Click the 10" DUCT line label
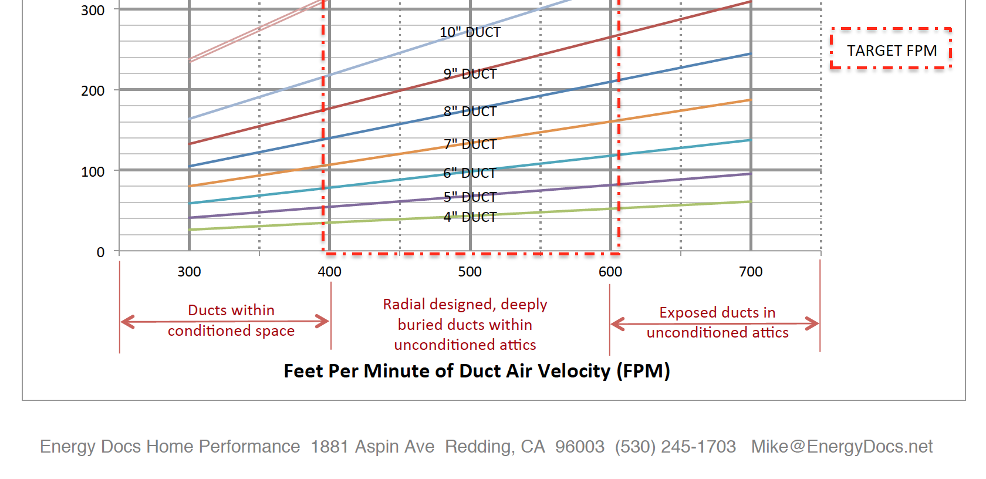coord(470,32)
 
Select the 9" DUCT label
coord(470,74)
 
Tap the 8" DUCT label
coord(470,112)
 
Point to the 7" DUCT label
coord(470,144)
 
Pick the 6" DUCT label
coord(470,173)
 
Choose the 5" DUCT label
coord(470,197)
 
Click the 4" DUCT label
coord(470,217)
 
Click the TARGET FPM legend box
coord(891,50)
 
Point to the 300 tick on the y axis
coord(93,11)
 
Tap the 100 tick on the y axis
coord(93,172)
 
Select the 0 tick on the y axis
coord(100,252)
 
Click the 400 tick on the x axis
coord(329,272)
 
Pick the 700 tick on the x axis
coord(751,272)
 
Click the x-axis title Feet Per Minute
coord(477,371)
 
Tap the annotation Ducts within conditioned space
coord(231,321)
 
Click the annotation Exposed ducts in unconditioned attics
coord(717,322)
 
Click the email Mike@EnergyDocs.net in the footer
coord(842,447)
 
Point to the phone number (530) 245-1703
coord(675,447)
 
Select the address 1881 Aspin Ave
coord(373,447)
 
